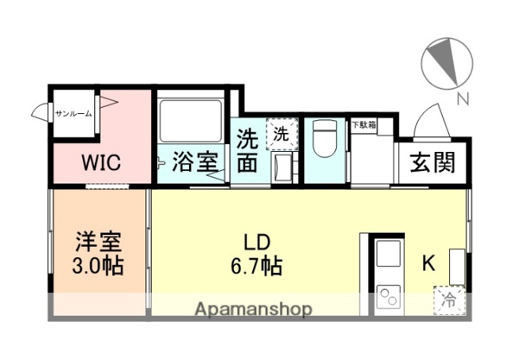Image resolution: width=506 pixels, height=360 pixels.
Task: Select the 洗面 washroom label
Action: [x=247, y=150]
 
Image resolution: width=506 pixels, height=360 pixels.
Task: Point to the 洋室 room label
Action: [x=99, y=239]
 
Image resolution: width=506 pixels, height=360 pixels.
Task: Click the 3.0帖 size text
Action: [x=99, y=266]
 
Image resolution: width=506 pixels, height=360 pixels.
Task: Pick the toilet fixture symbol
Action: [x=324, y=141]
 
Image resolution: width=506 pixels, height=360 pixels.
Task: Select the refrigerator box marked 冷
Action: [x=448, y=299]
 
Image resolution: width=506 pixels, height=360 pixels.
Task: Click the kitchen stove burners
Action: [x=389, y=298]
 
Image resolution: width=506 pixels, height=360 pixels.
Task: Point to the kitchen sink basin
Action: [x=388, y=255]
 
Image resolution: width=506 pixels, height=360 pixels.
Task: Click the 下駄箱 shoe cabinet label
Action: [x=364, y=125]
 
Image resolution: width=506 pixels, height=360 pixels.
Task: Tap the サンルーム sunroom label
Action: [x=74, y=114]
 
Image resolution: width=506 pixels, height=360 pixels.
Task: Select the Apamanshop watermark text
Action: [x=253, y=308]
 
